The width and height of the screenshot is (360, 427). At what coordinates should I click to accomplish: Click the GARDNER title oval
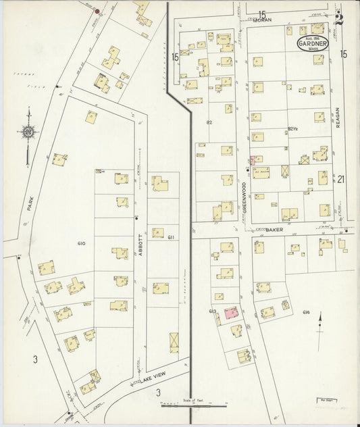(x=313, y=44)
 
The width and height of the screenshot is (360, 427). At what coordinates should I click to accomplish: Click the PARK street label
(x=30, y=204)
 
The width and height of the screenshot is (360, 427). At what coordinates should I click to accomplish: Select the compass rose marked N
(x=28, y=132)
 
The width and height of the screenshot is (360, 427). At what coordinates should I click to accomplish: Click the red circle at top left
(x=97, y=11)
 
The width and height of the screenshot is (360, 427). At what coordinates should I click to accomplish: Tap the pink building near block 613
(x=230, y=312)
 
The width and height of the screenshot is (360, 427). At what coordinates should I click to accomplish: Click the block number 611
(x=172, y=236)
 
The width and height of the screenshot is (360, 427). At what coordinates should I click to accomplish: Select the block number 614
(x=306, y=311)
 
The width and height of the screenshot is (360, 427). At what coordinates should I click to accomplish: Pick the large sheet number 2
(x=340, y=20)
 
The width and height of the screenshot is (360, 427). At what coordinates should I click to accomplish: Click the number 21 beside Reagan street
(x=341, y=179)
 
